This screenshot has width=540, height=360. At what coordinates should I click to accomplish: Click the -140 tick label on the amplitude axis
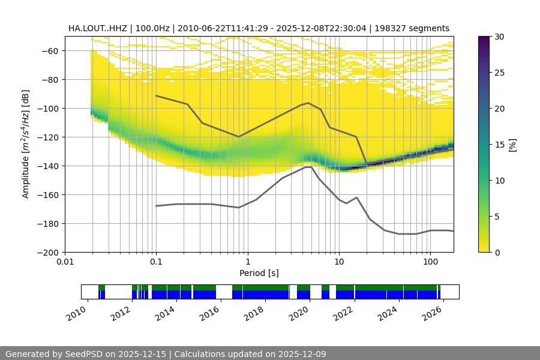(50, 166)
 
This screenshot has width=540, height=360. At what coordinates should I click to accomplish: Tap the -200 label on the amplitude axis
(50, 252)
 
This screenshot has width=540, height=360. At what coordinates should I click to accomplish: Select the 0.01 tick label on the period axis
(65, 262)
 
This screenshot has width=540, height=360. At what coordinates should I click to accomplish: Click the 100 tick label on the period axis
(430, 262)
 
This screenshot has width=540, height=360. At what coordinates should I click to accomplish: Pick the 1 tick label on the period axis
(247, 262)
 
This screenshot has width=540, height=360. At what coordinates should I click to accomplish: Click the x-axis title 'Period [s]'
(259, 273)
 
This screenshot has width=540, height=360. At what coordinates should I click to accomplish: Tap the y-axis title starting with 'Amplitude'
(26, 144)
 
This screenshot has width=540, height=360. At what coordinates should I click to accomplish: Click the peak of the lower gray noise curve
(308, 167)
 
